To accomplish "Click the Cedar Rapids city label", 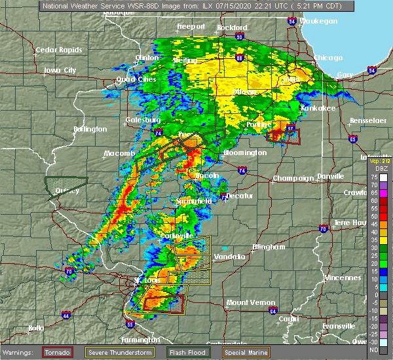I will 59,50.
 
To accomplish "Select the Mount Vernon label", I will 246,302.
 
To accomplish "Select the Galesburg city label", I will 143,120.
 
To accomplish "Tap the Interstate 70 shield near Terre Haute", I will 324,229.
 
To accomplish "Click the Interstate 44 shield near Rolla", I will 67,315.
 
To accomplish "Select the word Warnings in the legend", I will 18,353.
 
